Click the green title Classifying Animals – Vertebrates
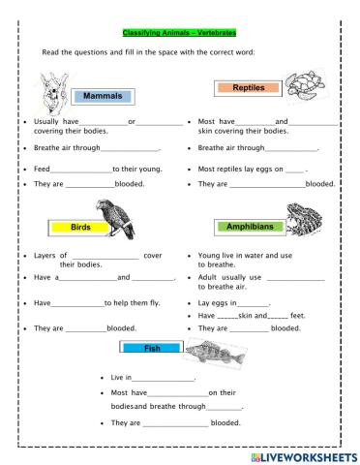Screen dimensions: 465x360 [x=180, y=31]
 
